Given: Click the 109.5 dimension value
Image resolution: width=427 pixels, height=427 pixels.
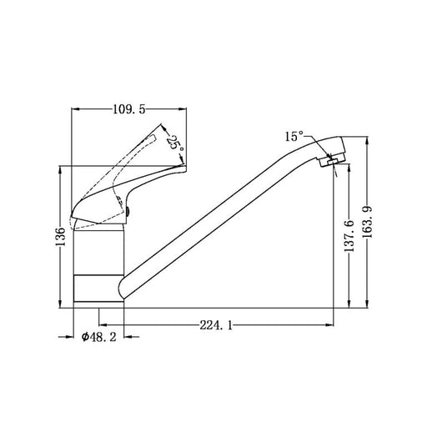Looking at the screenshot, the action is [x=129, y=109].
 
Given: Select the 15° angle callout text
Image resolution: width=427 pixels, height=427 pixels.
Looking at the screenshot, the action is [x=294, y=137].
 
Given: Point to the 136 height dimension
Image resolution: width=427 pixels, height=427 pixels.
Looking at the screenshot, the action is [x=60, y=237].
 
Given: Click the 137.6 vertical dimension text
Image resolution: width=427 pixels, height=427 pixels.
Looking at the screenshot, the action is [x=349, y=236].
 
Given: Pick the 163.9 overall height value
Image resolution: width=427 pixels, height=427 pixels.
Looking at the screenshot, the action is [x=368, y=223].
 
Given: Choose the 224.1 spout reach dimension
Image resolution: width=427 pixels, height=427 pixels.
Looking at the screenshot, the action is [x=216, y=325].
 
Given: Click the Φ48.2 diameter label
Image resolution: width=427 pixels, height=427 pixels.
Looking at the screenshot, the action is [x=99, y=337].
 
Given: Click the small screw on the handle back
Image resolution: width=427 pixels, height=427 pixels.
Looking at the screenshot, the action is [x=128, y=212].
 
